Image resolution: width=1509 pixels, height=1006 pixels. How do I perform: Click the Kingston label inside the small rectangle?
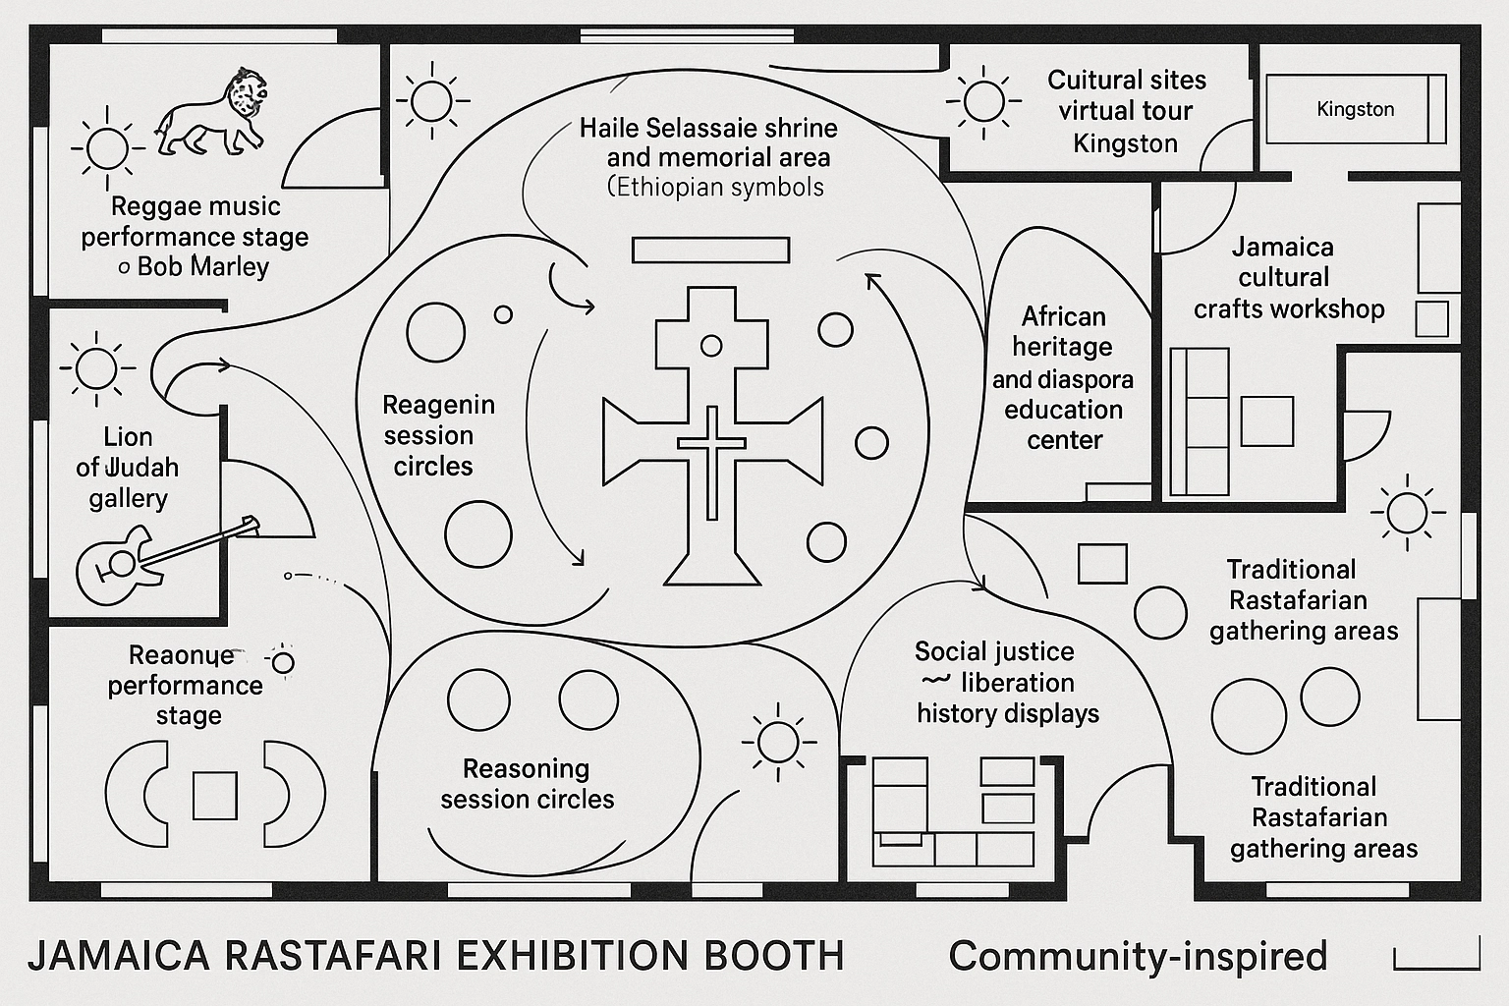pyautogui.click(x=1355, y=109)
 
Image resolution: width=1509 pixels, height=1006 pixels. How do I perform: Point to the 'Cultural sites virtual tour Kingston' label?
pyautogui.click(x=1126, y=111)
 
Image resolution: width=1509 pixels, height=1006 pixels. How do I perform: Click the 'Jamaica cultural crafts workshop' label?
pyautogui.click(x=1287, y=278)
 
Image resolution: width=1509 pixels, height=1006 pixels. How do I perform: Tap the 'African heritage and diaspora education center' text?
pyautogui.click(x=1063, y=378)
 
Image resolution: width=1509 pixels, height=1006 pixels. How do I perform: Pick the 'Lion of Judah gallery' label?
pyautogui.click(x=128, y=468)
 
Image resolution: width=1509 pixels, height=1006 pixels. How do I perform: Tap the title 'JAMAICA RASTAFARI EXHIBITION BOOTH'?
pyautogui.click(x=436, y=956)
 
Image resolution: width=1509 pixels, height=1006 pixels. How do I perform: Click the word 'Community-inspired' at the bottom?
pyautogui.click(x=1138, y=956)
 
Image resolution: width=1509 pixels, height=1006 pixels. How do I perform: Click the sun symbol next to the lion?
pyautogui.click(x=106, y=148)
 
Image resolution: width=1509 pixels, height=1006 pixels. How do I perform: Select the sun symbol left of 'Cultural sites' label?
pyautogui.click(x=979, y=101)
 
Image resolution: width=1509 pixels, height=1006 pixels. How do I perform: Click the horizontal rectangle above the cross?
pyautogui.click(x=710, y=251)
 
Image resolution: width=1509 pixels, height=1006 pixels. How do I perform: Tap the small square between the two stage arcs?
pyautogui.click(x=214, y=795)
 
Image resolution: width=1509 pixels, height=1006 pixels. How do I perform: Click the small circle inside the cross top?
pyautogui.click(x=711, y=346)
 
